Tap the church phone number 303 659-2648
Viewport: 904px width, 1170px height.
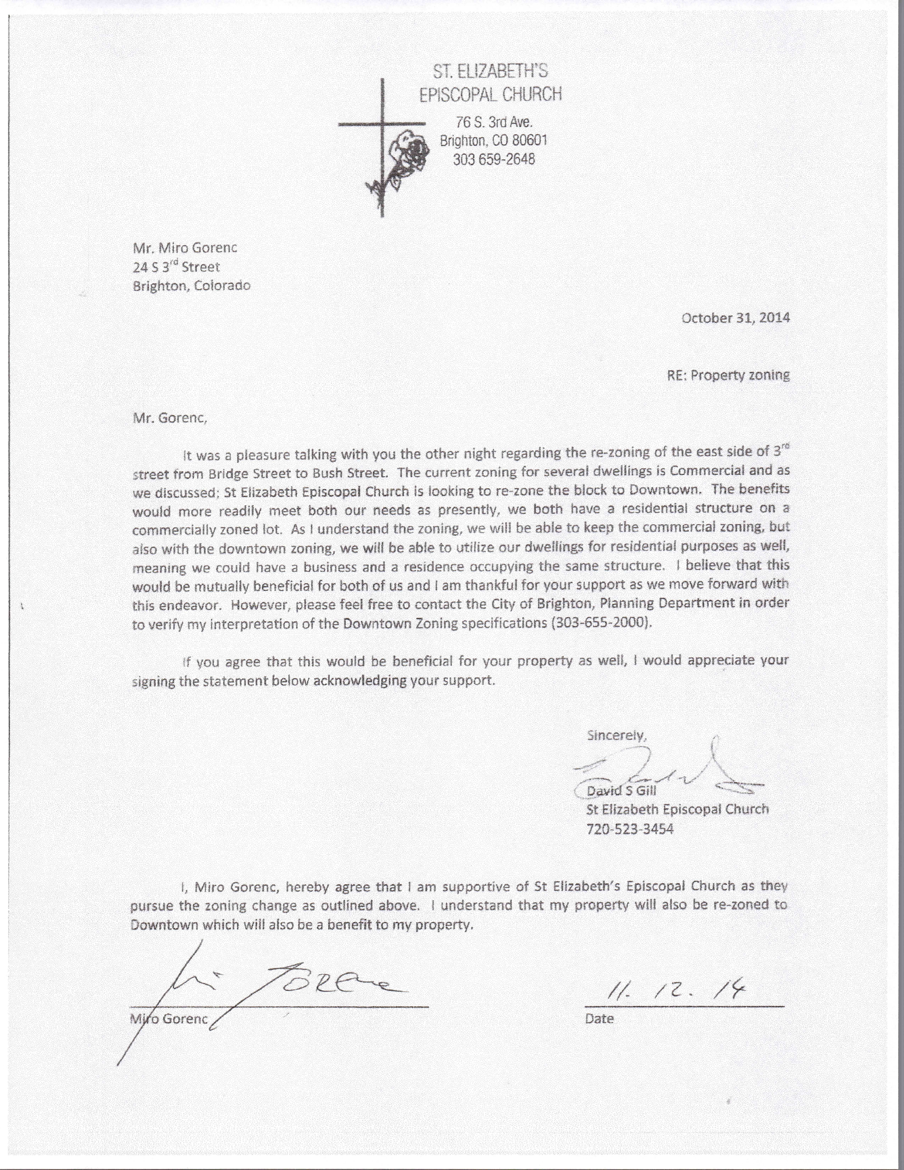tap(493, 159)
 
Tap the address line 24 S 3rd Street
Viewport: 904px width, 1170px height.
tap(176, 267)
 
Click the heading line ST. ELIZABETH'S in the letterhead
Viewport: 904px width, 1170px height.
tap(491, 71)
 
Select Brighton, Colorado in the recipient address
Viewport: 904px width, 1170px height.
tap(191, 286)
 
